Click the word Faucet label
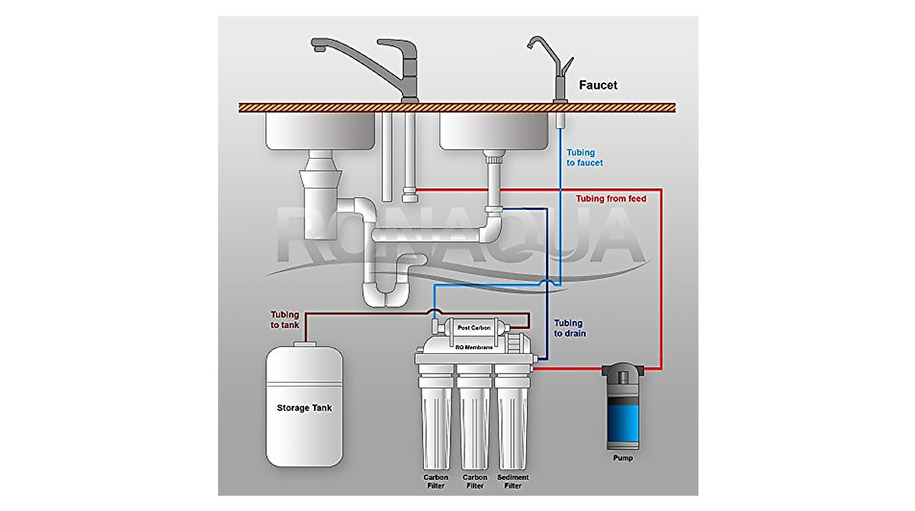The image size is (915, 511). [x=598, y=85]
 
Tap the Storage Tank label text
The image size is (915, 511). [x=303, y=408]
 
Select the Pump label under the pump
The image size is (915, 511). [x=623, y=458]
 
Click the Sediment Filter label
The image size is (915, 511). [x=512, y=481]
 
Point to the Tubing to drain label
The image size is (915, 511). [x=570, y=328]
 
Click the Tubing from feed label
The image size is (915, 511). [x=611, y=199]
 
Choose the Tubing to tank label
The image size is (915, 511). [x=287, y=320]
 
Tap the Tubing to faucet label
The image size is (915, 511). [x=585, y=158]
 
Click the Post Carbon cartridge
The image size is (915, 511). [x=475, y=328]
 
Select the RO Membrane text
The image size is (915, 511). [x=474, y=347]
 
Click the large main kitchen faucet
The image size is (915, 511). [x=381, y=65]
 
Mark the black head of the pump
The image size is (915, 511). [x=621, y=374]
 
